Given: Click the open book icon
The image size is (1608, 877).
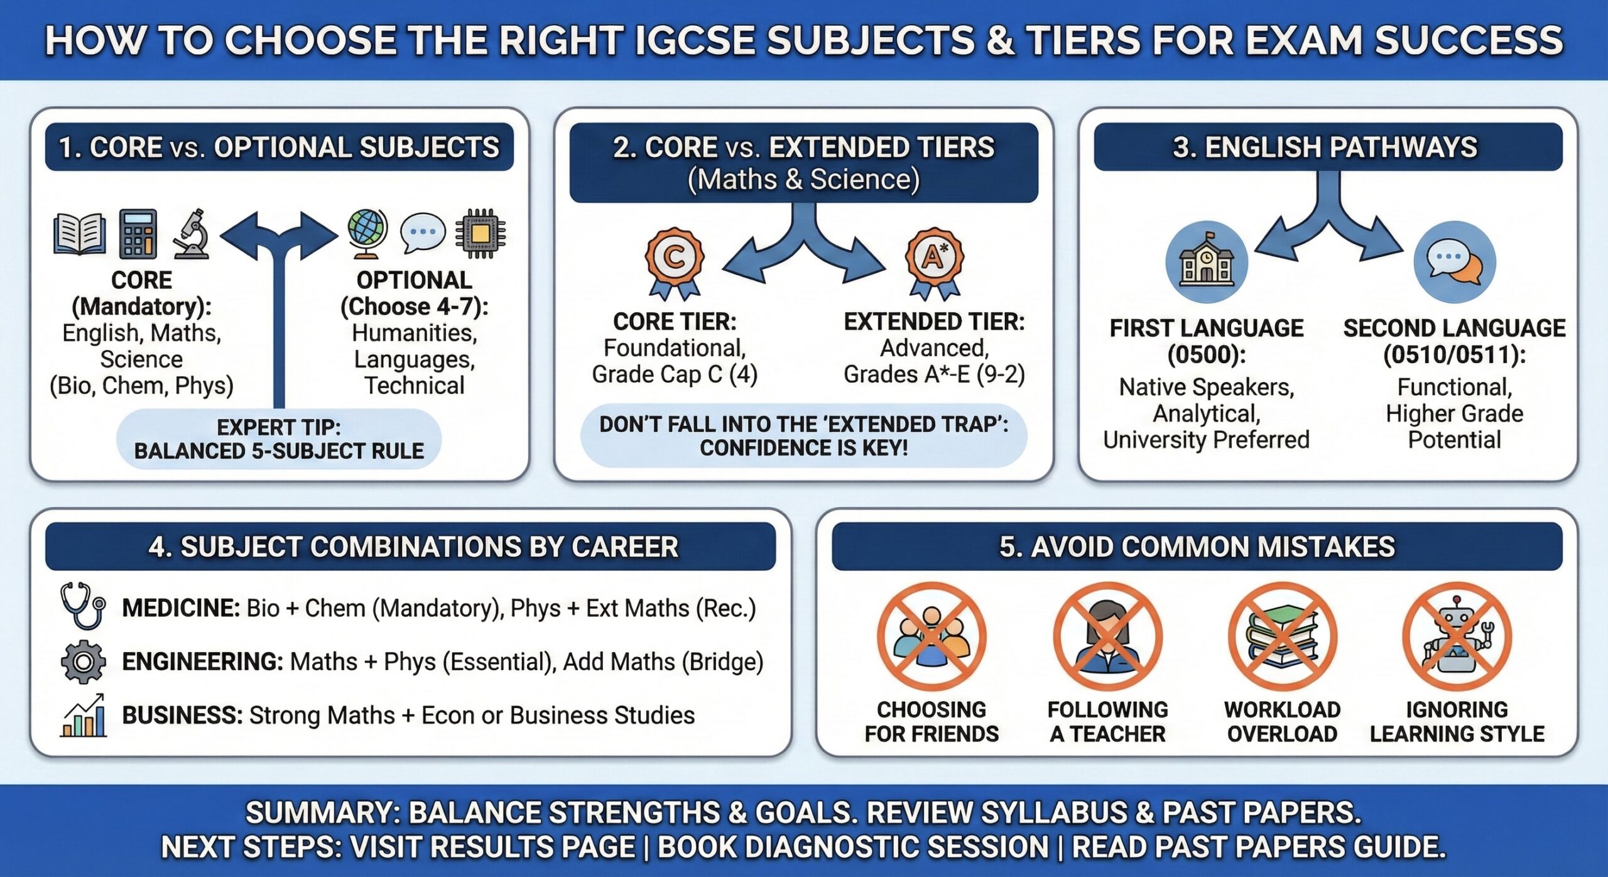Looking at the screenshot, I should point(79,234).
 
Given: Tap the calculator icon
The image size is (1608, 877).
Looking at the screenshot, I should point(138,234).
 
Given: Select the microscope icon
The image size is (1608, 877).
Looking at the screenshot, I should point(192,234).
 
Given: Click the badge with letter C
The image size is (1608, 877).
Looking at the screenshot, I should point(674,261).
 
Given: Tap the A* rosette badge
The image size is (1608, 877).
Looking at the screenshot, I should point(934,261).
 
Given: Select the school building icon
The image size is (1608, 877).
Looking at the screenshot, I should point(1206,261).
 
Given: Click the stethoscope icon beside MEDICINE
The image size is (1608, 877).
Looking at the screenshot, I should point(82,606).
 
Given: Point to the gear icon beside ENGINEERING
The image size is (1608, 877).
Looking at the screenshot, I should point(83,662).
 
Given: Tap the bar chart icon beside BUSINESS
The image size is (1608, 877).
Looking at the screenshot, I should point(84,716).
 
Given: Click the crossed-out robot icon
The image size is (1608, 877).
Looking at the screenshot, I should point(1457,636).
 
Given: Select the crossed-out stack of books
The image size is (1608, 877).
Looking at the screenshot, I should point(1282,636).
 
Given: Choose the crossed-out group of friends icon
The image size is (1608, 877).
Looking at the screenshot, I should point(932,636).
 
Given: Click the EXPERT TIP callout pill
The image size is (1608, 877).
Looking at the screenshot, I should point(279,438).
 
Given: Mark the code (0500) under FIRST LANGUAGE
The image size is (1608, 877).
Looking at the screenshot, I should point(1206,355).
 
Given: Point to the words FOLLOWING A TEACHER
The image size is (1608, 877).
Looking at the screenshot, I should point(1107,721).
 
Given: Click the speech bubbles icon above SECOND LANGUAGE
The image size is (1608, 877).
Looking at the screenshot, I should point(1454,261).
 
